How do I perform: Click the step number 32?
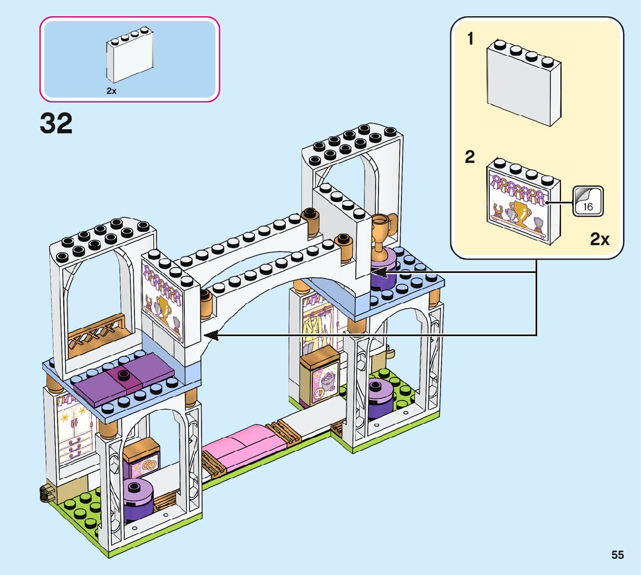(x=56, y=124)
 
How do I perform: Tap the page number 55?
(x=617, y=555)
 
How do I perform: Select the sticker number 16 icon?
(x=588, y=201)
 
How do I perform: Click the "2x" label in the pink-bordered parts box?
(x=111, y=91)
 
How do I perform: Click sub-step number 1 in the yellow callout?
(x=471, y=39)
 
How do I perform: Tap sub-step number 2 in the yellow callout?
(x=471, y=157)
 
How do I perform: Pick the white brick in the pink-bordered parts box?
(x=130, y=60)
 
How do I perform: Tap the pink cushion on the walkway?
(x=244, y=441)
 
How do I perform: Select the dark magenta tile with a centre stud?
(x=123, y=379)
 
